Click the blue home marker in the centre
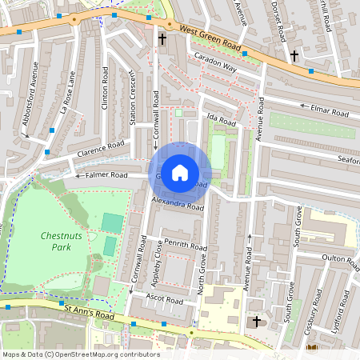(180, 172)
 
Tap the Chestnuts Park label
(56, 242)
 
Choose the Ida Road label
(222, 122)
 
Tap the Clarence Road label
(101, 149)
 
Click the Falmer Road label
(106, 174)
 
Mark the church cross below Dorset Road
(294, 56)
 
